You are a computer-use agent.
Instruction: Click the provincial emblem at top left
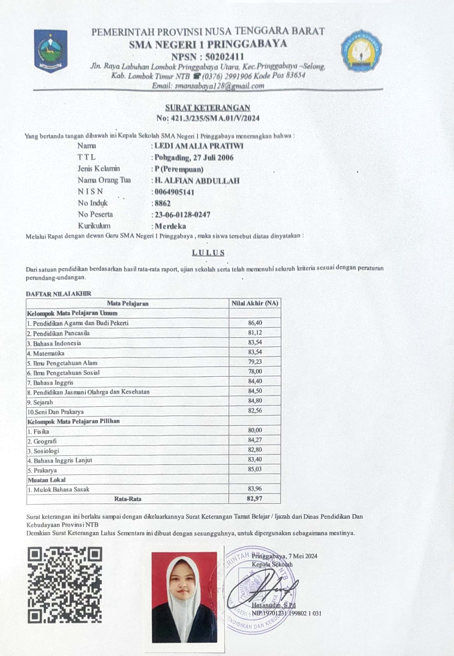click(x=51, y=51)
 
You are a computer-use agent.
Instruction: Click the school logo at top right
click(x=361, y=51)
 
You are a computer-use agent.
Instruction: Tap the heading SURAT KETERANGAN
click(x=208, y=108)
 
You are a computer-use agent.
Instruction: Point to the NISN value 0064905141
click(x=174, y=192)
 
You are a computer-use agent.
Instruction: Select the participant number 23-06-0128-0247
click(x=182, y=215)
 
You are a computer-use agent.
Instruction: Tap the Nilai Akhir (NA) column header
click(x=255, y=303)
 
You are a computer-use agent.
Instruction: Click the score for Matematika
click(x=255, y=352)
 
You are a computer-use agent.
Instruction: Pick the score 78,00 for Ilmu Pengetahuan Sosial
click(x=255, y=371)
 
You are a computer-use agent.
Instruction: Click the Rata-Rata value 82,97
click(x=255, y=498)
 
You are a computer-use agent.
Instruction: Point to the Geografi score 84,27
click(x=255, y=440)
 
